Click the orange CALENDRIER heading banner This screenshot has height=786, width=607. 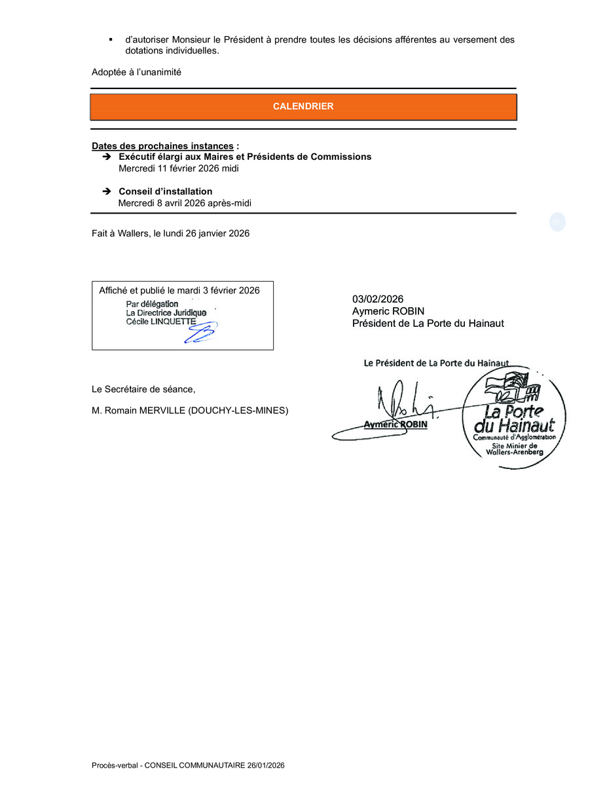coord(303,107)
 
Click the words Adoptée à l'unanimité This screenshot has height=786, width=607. coord(136,73)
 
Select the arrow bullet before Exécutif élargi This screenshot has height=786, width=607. coord(106,157)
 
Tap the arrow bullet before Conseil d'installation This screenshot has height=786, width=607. coord(106,192)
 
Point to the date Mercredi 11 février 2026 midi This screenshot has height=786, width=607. coord(178,168)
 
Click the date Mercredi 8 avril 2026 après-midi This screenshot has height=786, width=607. coord(185,203)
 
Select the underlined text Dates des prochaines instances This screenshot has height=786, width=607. coord(162,145)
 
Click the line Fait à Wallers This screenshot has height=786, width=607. coord(170,233)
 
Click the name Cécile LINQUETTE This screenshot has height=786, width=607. coord(160,322)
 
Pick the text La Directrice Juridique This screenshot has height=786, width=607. coord(166,313)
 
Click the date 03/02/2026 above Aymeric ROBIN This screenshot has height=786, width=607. coord(378,299)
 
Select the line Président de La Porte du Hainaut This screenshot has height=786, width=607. coord(428,323)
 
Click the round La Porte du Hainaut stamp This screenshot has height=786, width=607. coord(514,417)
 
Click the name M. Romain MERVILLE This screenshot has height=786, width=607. coord(190,411)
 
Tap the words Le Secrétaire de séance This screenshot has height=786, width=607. coord(143,389)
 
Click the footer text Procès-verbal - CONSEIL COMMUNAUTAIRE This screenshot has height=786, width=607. coord(188,765)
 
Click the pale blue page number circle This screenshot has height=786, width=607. coord(557,222)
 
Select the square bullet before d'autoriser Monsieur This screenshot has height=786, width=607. coord(111,40)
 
